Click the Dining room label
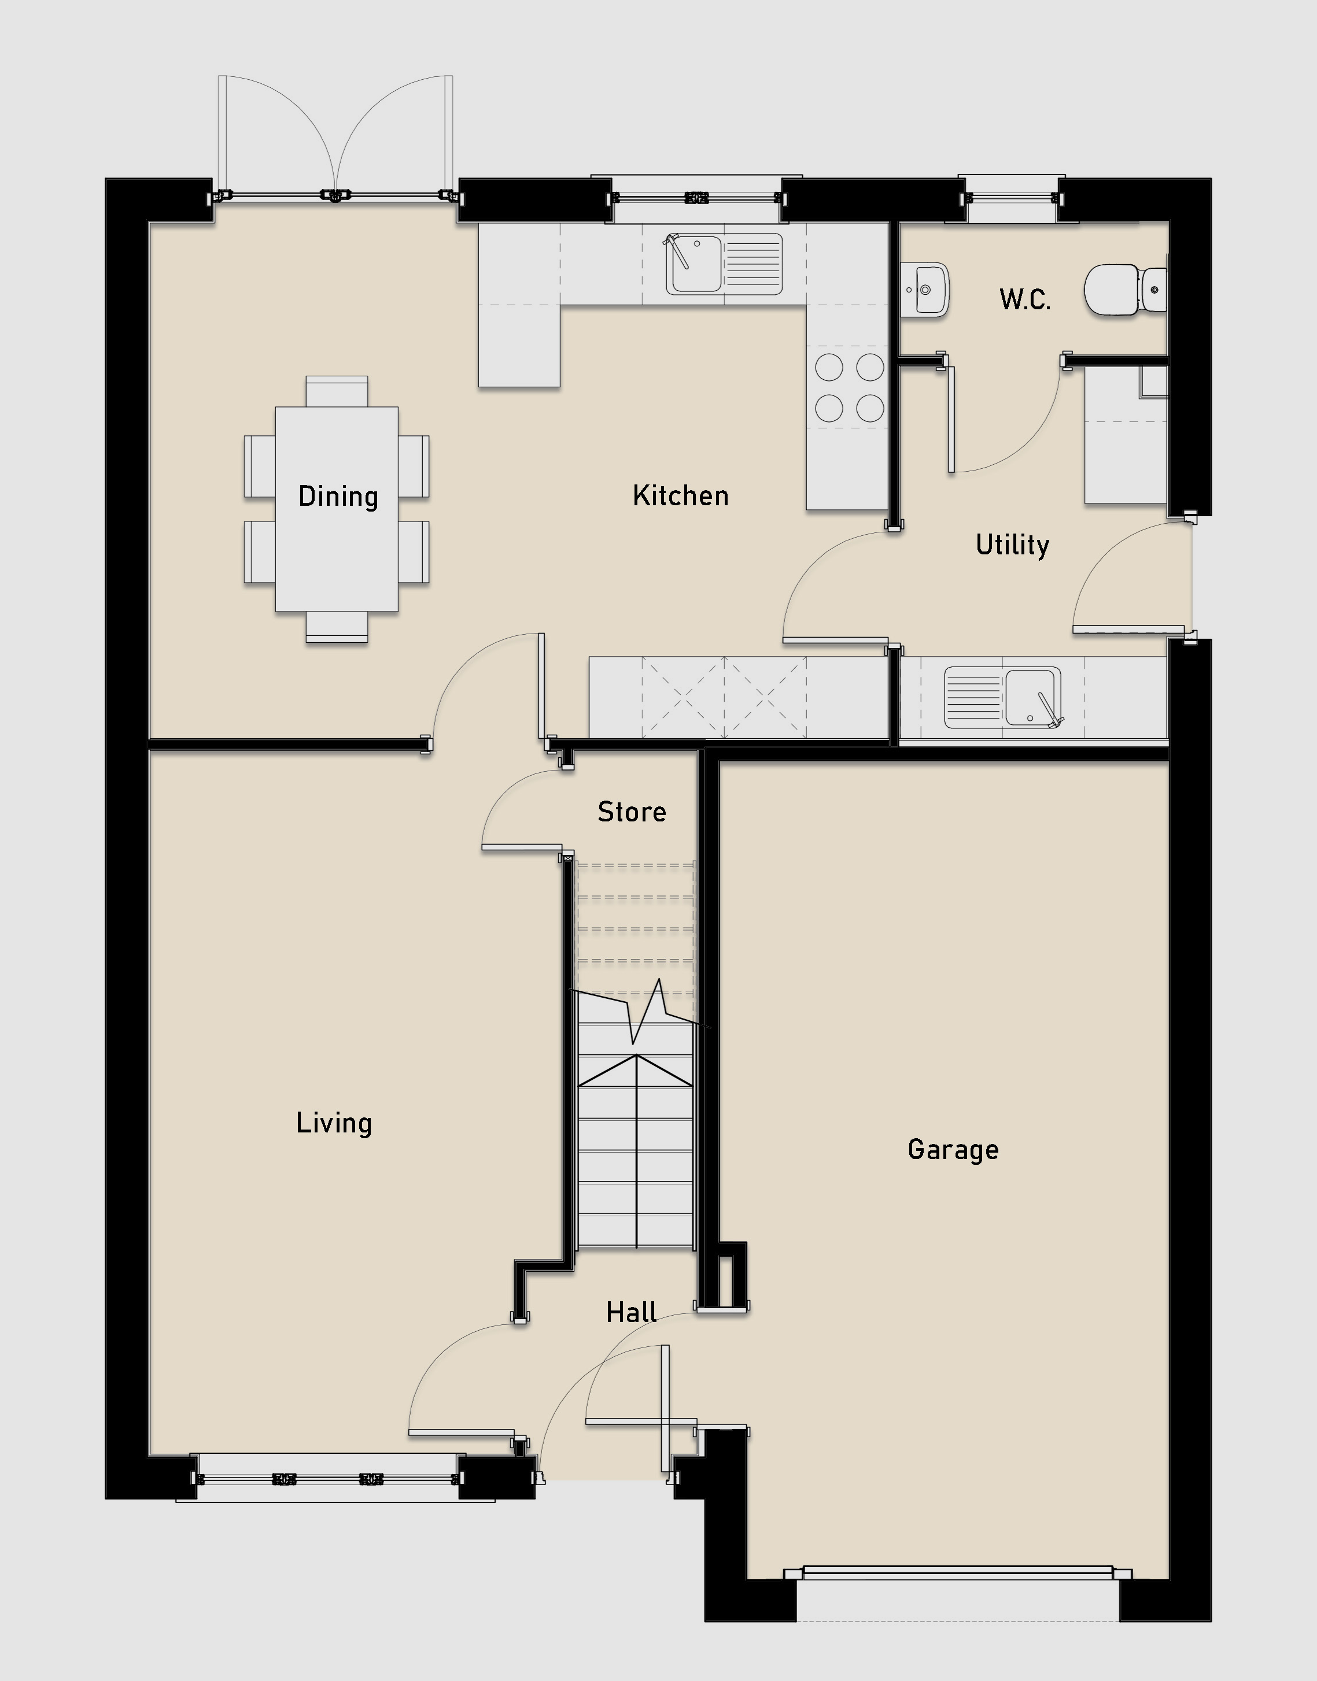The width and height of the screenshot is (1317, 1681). (338, 497)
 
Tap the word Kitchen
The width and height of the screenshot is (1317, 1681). (680, 495)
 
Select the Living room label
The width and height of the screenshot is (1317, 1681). (334, 1123)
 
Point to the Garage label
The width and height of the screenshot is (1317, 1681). (953, 1150)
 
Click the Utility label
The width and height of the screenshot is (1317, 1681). (1012, 545)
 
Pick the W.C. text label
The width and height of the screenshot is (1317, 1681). (1025, 299)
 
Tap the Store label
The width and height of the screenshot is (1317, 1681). (632, 812)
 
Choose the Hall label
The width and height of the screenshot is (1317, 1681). (631, 1312)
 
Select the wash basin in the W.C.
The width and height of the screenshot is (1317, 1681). (924, 290)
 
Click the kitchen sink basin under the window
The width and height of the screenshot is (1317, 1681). (695, 264)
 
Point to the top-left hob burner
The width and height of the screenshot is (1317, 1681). (829, 367)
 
